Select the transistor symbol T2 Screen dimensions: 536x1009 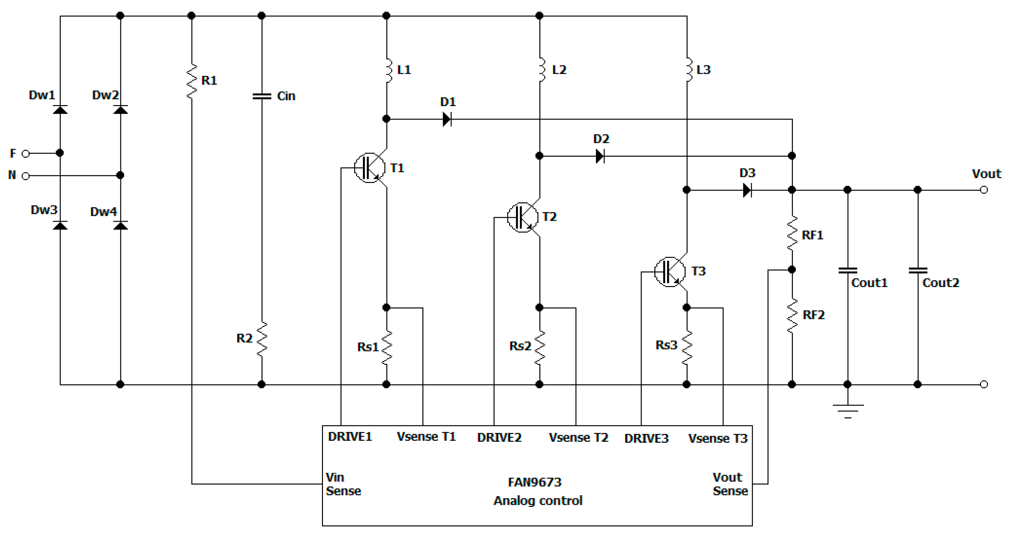point(523,217)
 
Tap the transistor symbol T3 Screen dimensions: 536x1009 point(670,272)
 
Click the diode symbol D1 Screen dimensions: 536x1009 point(447,119)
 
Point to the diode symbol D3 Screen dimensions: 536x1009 point(747,190)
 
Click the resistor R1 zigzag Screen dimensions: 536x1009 point(191,81)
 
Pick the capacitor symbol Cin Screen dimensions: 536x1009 point(262,96)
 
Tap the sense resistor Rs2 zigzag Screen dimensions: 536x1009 point(540,347)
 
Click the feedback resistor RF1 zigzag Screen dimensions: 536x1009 point(792,234)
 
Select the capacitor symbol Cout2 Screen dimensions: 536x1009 point(917,270)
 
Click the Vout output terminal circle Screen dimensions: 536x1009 point(984,190)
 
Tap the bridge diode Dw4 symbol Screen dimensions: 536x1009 point(120,225)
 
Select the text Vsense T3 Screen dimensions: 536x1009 point(718,438)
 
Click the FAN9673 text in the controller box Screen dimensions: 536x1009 point(534,482)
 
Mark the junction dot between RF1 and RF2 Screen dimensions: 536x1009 point(792,270)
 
